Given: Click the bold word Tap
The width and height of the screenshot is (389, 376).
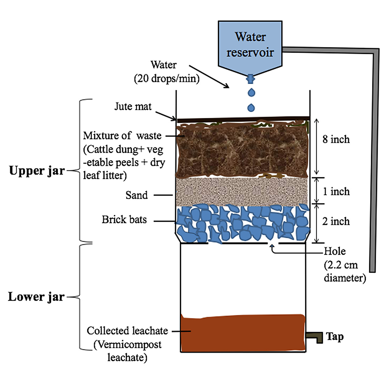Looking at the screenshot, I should coord(335,337).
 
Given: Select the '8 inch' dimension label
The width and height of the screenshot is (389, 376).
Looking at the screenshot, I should coord(336,139).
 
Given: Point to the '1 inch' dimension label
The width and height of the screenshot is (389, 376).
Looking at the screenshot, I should coord(336,191).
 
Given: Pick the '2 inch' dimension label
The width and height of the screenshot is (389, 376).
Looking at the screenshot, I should coord(336,221).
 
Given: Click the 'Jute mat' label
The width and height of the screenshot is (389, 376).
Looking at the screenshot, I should coord(133,107).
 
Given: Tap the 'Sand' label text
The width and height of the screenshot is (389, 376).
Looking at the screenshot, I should coord(136,195).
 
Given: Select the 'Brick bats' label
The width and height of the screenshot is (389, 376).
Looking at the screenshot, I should coord(124,219).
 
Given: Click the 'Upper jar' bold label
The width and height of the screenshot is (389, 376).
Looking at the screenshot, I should coord(37,171).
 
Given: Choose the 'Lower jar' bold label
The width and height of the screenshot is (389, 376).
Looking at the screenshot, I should coord(36,296).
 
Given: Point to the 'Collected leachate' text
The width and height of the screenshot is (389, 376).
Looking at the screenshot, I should coord(127,331).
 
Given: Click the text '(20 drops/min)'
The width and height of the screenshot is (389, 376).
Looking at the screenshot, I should coord(167,78).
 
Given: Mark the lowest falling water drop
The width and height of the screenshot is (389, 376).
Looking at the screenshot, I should coord(251,108).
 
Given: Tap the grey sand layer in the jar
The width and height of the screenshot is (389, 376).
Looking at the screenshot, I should coord(242,191).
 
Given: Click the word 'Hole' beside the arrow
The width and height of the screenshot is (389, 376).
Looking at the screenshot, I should coord(335,251).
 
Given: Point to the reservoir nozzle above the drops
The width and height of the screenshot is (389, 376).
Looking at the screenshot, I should coord(250,79).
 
